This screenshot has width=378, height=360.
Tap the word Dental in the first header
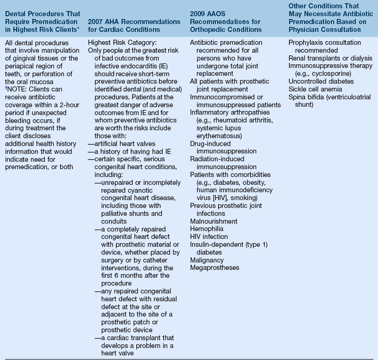point(17,14)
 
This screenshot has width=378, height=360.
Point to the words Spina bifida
point(305,97)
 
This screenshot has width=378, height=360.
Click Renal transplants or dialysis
point(330,58)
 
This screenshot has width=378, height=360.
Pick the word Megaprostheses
point(215,267)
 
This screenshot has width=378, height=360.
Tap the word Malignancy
point(207,260)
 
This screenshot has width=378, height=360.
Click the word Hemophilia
point(207,229)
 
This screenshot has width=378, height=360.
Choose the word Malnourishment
point(214,221)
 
